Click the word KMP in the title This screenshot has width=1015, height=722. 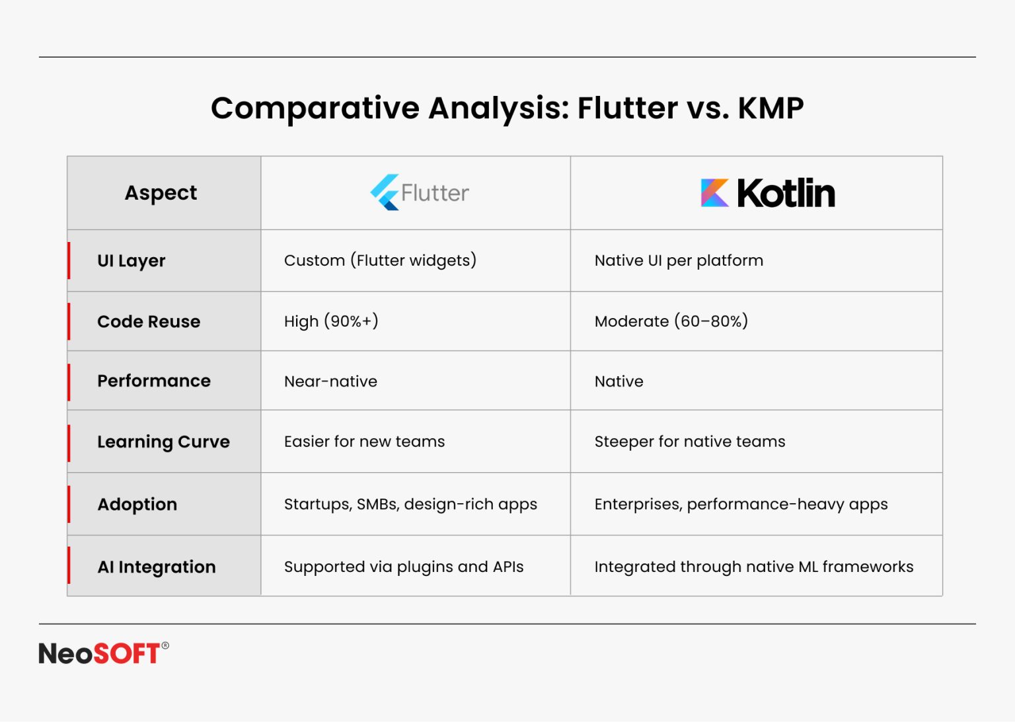[771, 108]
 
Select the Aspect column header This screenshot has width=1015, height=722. [161, 193]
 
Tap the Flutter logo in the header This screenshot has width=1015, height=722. [420, 192]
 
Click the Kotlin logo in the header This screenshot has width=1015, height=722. [768, 192]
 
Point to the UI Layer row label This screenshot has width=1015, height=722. [132, 261]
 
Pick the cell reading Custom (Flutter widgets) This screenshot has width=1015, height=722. [380, 261]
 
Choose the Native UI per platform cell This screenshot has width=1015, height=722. [679, 261]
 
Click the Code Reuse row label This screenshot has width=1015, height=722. [149, 321]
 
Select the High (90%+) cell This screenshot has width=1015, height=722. [331, 321]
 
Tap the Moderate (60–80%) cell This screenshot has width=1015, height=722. [671, 321]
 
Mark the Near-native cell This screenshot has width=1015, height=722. [331, 381]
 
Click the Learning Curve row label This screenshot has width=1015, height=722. [164, 442]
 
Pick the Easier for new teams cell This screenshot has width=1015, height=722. [364, 441]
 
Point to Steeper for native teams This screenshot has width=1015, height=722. [690, 441]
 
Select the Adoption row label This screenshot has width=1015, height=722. [137, 504]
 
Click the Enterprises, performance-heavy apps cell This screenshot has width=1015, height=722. [741, 504]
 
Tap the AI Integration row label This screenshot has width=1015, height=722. [157, 567]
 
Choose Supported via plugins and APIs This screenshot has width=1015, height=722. [404, 567]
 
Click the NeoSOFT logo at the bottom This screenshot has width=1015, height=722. [104, 653]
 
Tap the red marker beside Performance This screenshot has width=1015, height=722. [69, 382]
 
